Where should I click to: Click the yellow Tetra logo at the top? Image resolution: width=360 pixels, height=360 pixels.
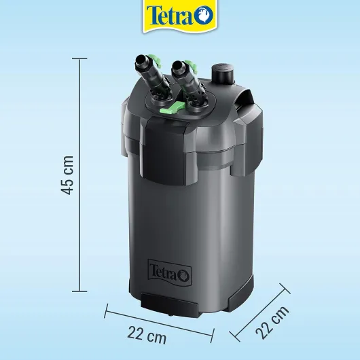(180, 16)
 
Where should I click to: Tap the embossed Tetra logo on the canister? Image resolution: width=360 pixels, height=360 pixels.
(170, 272)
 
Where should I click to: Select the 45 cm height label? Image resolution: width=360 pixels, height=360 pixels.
(67, 175)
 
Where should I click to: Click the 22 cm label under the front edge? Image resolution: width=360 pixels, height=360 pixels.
(147, 336)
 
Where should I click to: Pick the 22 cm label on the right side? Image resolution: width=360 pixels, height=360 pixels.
(272, 323)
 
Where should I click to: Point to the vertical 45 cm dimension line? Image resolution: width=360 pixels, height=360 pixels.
(79, 175)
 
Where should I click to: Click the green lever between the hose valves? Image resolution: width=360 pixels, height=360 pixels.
(173, 108)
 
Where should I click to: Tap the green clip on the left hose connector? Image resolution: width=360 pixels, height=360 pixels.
(154, 60)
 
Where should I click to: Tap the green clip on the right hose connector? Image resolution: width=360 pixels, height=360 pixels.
(192, 66)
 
